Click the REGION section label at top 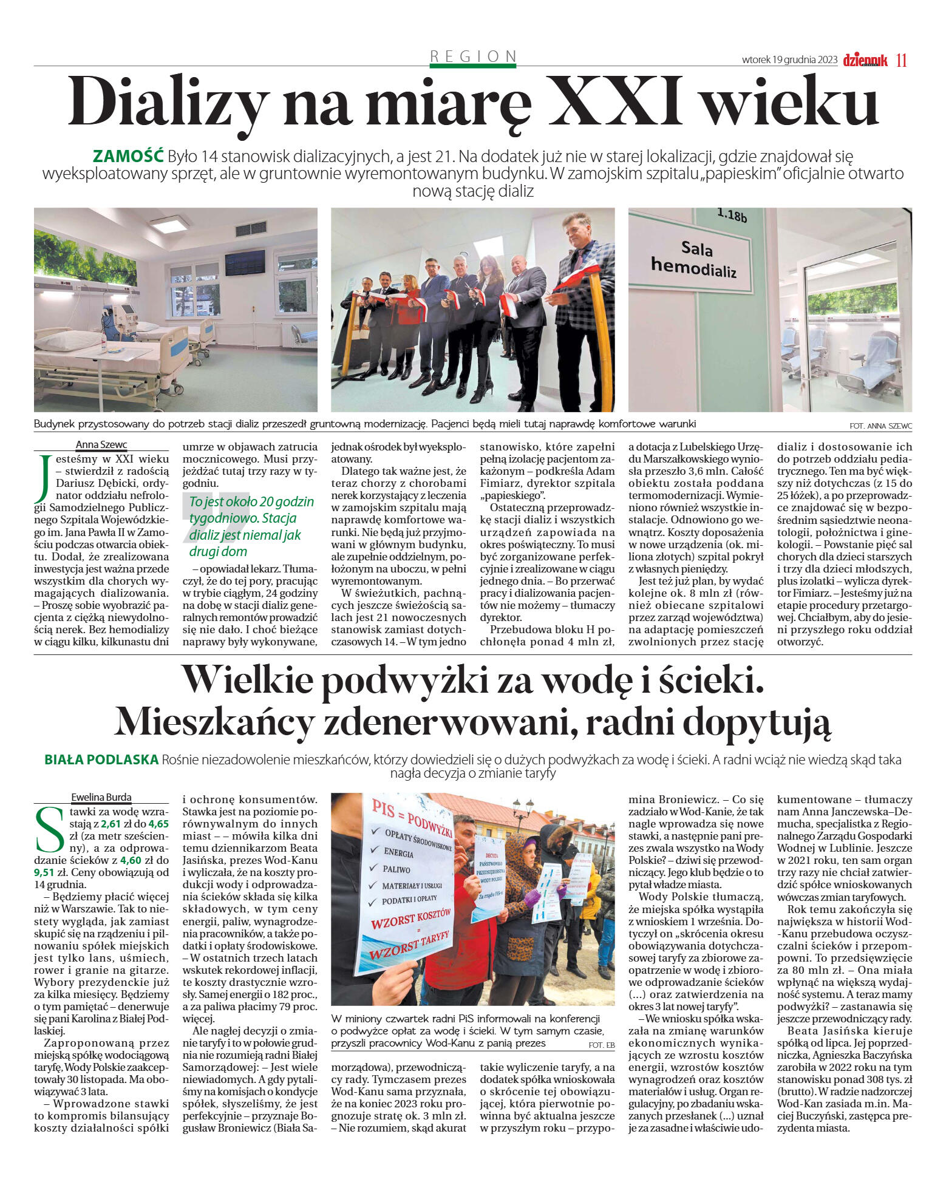tap(472, 56)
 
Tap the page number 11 tap(901, 60)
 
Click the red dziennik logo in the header tap(865, 60)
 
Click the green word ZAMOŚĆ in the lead tap(128, 156)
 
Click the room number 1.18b tap(732, 216)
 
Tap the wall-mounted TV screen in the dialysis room tap(245, 262)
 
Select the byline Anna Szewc tap(101, 444)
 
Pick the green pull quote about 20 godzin tap(251, 526)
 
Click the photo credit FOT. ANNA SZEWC tap(881, 426)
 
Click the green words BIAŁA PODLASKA tap(101, 759)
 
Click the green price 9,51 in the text tap(44, 872)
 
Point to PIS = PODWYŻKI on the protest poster tap(413, 816)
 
